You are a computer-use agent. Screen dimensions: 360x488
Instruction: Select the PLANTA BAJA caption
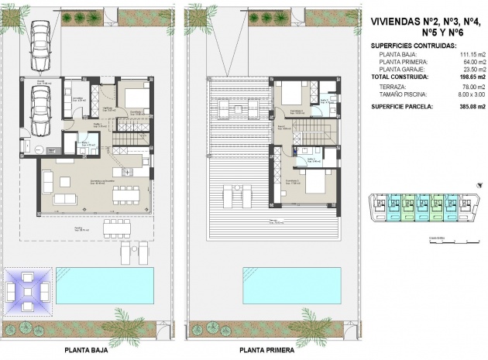coord(87,350)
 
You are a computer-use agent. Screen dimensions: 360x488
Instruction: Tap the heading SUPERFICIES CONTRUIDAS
coord(414,46)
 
